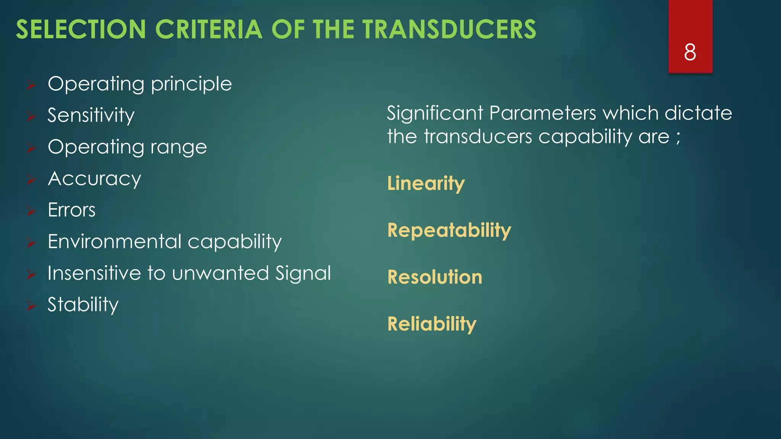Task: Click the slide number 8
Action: coord(690,52)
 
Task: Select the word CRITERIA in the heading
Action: coord(209,29)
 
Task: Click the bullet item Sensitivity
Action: coord(91,115)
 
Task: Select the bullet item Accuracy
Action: coord(94,179)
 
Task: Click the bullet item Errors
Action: coord(71,210)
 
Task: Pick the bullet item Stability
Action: coord(83,304)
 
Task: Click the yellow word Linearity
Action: coord(426,184)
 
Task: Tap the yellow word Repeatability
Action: coord(449,231)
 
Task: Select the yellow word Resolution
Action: coord(434,277)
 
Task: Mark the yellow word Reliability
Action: coord(432,324)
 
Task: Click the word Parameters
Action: coord(542,113)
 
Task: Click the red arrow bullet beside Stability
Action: coord(31,305)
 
